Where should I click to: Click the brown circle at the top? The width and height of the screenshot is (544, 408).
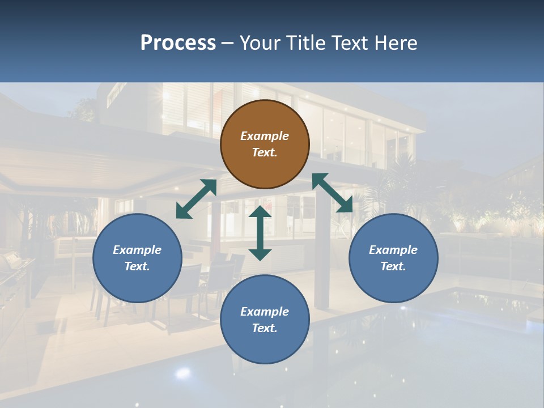(265, 144)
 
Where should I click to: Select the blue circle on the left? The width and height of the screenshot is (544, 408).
(137, 258)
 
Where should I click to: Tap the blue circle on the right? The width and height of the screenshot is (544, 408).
(393, 258)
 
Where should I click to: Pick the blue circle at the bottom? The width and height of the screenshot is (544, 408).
(265, 320)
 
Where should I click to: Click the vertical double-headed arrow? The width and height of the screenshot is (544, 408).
(260, 233)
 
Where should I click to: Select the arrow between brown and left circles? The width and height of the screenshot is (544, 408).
(196, 199)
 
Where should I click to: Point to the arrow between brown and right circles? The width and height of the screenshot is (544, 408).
(333, 193)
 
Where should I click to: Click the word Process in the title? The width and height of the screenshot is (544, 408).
(178, 42)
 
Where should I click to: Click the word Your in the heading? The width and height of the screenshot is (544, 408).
(258, 42)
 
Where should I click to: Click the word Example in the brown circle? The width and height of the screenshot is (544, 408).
(265, 136)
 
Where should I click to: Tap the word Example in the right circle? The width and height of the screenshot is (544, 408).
(393, 250)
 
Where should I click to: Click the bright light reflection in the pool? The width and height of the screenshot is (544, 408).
(182, 372)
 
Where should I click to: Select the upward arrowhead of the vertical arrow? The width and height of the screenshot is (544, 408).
(260, 212)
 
